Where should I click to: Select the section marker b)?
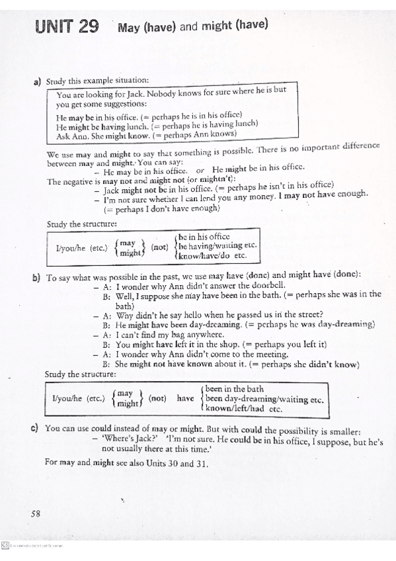click(x=36, y=278)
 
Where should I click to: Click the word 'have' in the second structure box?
click(x=185, y=398)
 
